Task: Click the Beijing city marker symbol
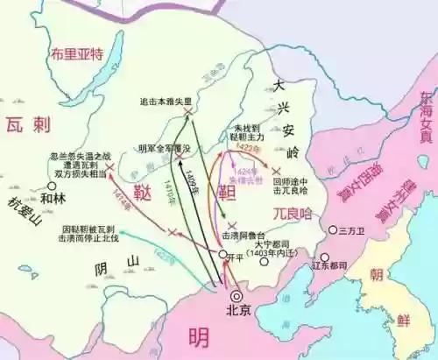coord(237,294)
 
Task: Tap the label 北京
coord(237,310)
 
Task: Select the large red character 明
coord(198,335)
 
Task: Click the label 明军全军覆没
coord(163,148)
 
